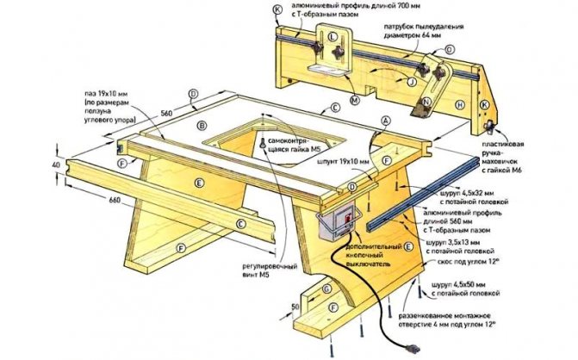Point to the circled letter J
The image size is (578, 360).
coord(412,83)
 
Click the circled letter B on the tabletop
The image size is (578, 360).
coord(203,126)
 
